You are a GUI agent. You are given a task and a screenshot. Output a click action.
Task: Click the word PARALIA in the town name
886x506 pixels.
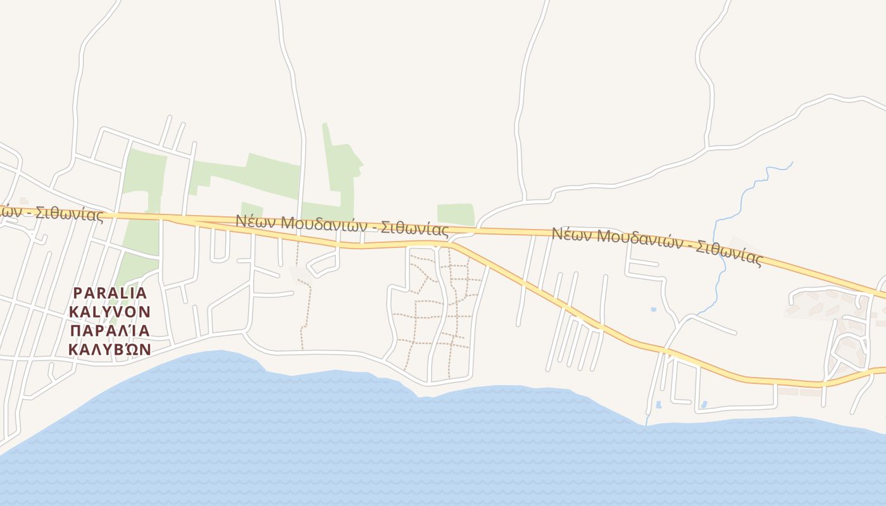[x=110, y=293]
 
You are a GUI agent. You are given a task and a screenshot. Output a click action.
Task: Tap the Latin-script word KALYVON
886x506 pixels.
[x=109, y=312]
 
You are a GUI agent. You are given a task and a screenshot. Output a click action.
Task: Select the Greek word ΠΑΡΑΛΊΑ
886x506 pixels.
[x=109, y=331]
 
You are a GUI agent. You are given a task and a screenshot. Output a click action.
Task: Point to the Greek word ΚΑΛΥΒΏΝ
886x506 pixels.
[x=109, y=349]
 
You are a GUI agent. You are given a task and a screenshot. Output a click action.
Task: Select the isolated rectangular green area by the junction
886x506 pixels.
[x=455, y=214]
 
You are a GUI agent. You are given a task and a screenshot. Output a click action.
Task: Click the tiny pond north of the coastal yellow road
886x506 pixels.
[x=653, y=309]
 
